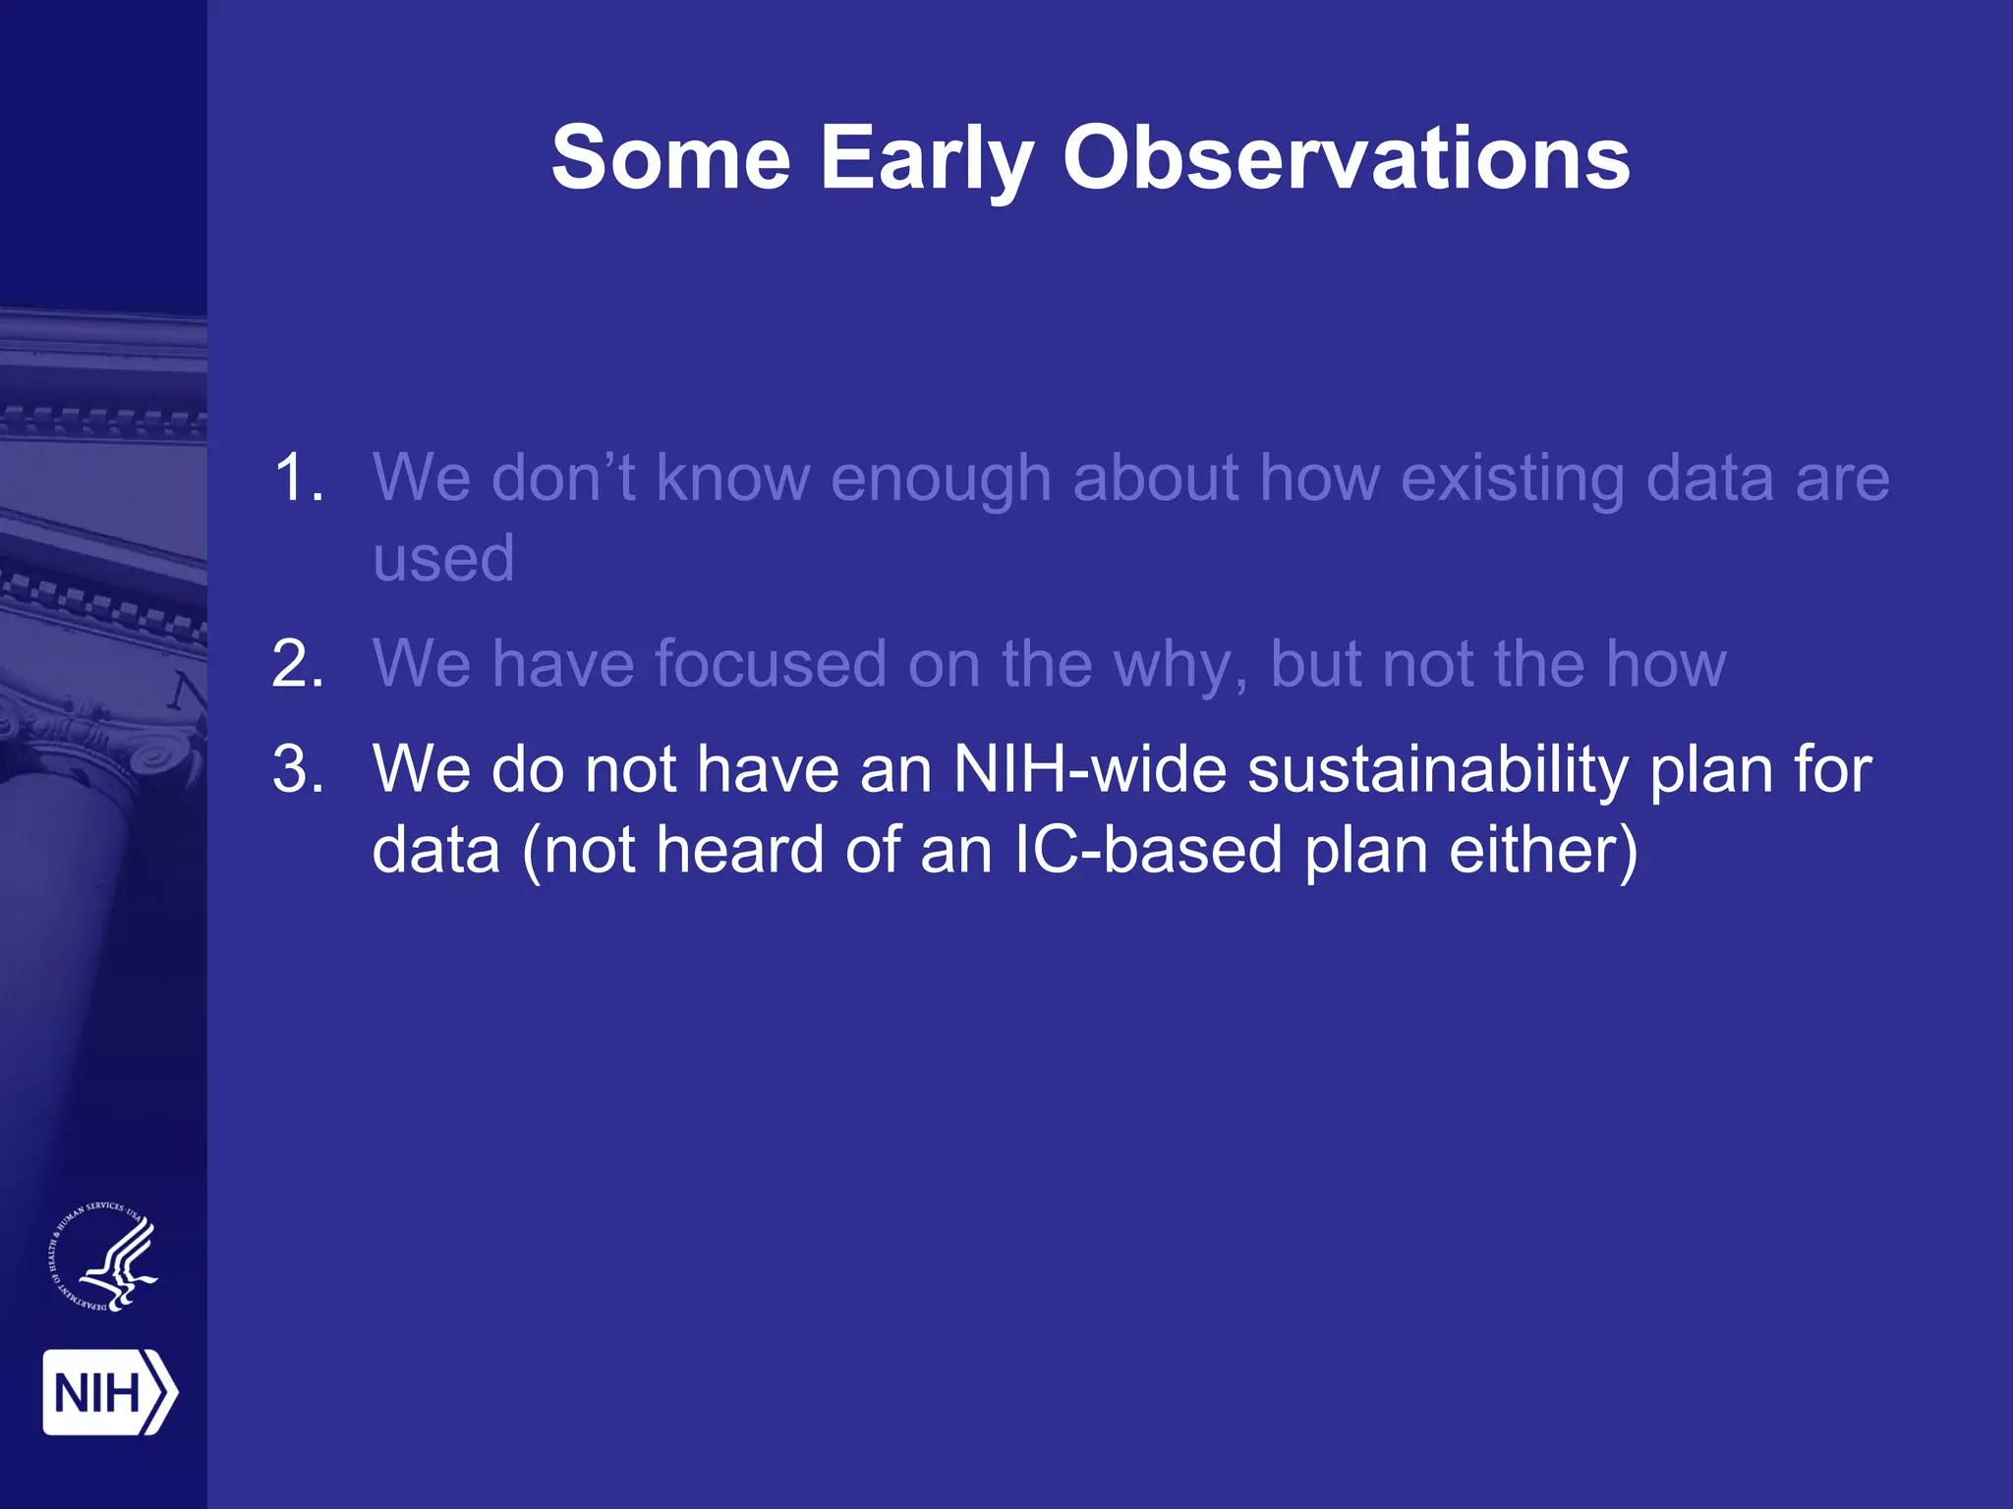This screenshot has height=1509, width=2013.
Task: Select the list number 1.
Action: point(298,478)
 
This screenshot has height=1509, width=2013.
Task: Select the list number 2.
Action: point(298,664)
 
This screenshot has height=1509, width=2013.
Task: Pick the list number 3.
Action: point(298,769)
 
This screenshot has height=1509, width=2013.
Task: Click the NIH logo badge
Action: point(109,1392)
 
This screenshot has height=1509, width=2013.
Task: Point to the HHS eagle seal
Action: point(104,1258)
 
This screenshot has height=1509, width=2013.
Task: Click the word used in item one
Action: point(443,559)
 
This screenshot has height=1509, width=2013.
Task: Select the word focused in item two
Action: point(770,664)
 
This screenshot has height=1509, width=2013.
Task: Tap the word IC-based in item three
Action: point(1147,851)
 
